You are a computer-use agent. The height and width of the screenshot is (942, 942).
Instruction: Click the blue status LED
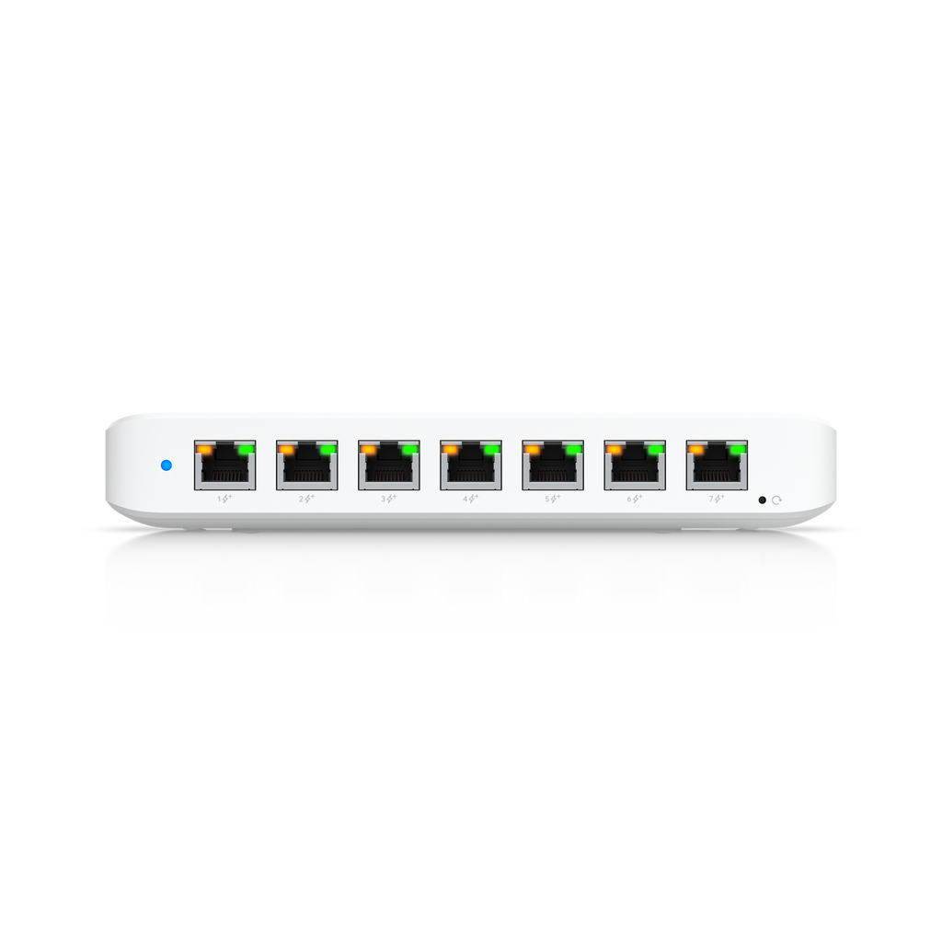[x=167, y=465]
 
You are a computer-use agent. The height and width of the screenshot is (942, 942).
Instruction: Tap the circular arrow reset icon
[x=776, y=500]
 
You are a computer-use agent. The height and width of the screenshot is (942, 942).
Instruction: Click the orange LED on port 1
[x=204, y=449]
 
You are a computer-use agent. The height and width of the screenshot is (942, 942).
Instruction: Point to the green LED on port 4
[x=491, y=449]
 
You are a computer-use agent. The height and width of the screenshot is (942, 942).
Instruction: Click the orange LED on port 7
[x=696, y=449]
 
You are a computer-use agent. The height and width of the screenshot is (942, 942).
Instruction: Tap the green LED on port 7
[x=737, y=449]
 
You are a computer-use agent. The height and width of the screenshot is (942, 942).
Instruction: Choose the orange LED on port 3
[x=368, y=449]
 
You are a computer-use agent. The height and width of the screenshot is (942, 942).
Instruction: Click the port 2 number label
[x=302, y=499]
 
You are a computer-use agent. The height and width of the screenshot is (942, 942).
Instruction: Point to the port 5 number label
[x=547, y=499]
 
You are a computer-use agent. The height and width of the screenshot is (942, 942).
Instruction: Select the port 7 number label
[x=711, y=499]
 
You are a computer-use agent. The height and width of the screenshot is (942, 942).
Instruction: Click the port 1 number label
[x=219, y=499]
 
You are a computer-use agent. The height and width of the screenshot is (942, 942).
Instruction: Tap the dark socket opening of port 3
[x=389, y=467]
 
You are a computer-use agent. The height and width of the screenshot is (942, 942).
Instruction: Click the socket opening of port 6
[x=635, y=467]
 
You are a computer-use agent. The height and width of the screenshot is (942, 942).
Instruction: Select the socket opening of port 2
[x=307, y=467]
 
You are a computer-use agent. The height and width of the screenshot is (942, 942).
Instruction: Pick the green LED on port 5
[x=573, y=449]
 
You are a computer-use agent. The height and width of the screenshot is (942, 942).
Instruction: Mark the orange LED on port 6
[x=614, y=449]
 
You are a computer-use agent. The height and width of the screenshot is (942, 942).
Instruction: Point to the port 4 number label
[x=465, y=499]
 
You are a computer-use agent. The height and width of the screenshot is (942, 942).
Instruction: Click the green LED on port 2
[x=327, y=449]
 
